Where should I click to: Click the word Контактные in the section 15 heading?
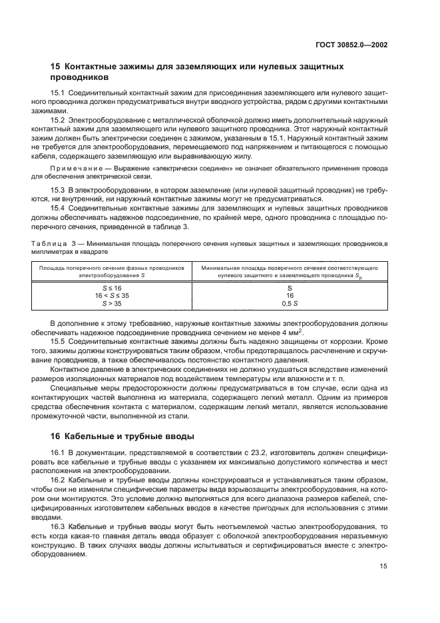pos(91,67)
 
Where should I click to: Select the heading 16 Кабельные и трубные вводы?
pos(122,436)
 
